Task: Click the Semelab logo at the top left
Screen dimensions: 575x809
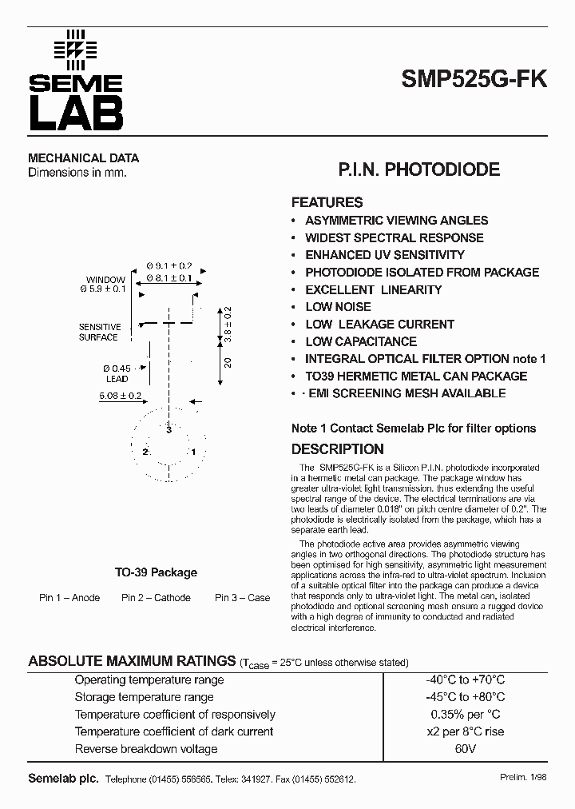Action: [76, 80]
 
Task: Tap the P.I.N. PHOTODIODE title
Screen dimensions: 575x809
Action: [419, 169]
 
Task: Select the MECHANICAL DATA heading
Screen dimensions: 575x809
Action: [83, 158]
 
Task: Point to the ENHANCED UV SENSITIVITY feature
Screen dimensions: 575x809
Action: [384, 255]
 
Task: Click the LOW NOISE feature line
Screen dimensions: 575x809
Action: [338, 307]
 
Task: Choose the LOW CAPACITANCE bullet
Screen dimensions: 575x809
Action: [361, 341]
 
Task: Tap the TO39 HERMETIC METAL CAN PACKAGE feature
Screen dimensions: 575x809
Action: [416, 376]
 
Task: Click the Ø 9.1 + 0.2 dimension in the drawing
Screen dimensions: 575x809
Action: [169, 265]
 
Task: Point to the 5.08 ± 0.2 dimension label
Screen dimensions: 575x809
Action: [121, 396]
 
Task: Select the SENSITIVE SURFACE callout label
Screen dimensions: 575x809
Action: [99, 332]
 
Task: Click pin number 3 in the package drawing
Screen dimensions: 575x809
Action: [169, 430]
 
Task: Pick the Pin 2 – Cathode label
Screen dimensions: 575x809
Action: [156, 598]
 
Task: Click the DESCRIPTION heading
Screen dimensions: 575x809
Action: [337, 449]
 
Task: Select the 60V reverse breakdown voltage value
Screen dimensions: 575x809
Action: [465, 749]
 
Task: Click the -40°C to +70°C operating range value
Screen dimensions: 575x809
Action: [465, 679]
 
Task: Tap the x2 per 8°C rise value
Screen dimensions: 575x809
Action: [465, 731]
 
